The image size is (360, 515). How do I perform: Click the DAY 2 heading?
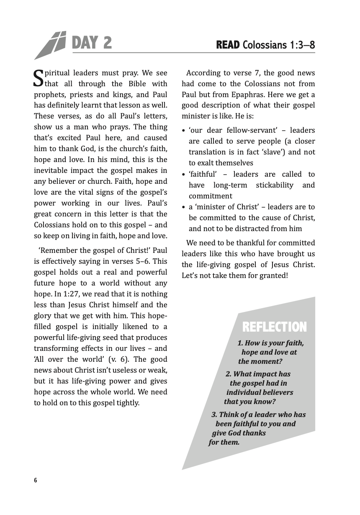[x=91, y=43]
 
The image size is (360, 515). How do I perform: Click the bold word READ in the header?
[x=227, y=45]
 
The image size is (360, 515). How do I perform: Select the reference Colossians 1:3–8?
[x=278, y=45]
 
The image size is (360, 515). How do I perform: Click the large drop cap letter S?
[x=38, y=78]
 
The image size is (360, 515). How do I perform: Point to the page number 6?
[x=36, y=480]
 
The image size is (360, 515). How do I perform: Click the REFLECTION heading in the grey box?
[x=274, y=327]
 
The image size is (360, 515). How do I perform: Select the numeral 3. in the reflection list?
[x=214, y=415]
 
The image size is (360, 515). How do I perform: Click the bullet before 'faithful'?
[x=184, y=175]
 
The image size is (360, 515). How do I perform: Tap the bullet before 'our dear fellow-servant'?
[x=184, y=131]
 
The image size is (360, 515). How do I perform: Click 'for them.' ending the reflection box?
[x=224, y=442]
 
